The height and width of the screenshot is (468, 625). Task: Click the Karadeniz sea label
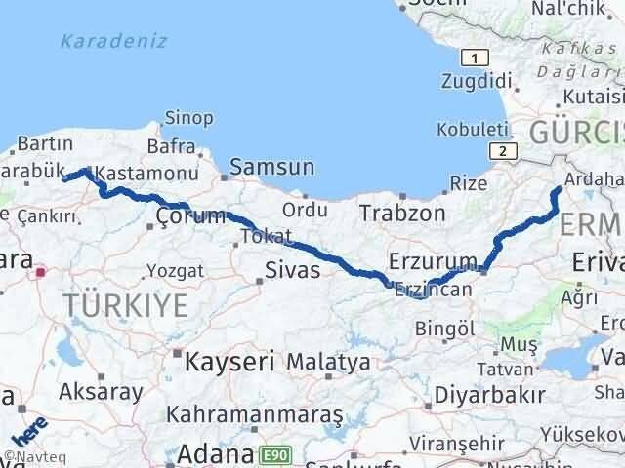(x=113, y=41)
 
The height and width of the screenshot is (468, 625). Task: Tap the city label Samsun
(x=272, y=168)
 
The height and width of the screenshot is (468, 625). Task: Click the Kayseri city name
(x=230, y=362)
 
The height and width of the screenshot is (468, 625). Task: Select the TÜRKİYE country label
(x=126, y=305)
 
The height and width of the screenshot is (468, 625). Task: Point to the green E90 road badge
(x=275, y=454)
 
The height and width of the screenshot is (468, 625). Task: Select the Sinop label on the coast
(x=189, y=118)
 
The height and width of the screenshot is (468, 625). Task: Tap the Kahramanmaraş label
(x=255, y=414)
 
